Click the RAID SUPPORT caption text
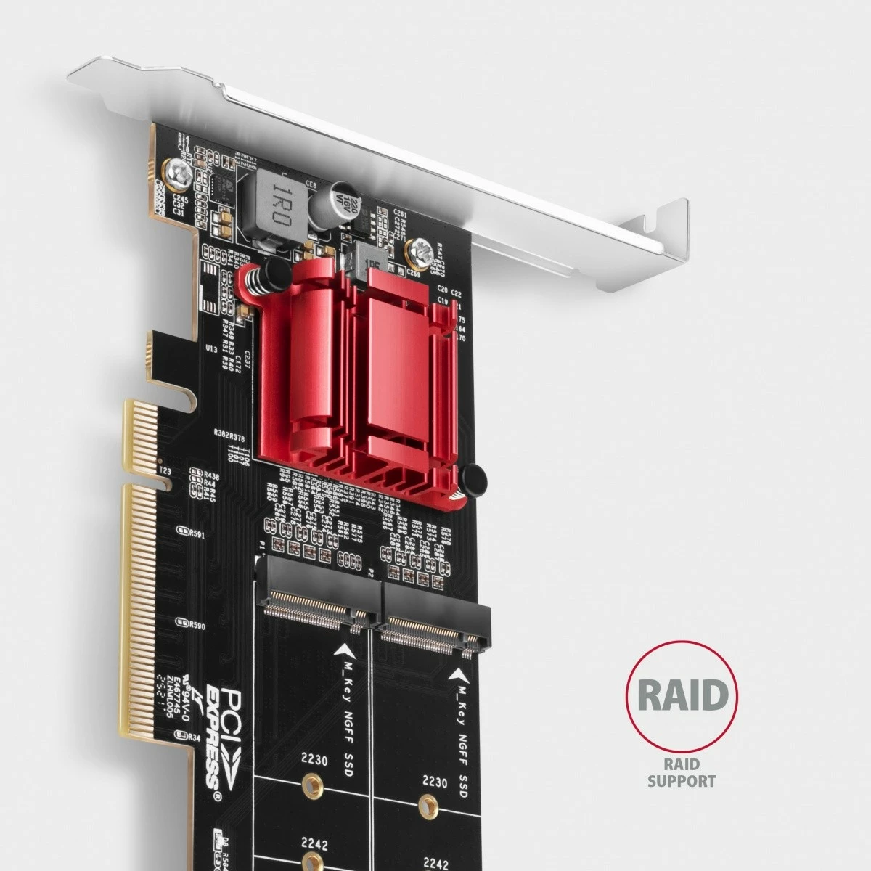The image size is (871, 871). coord(681,772)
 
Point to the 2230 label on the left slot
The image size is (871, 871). coord(314,761)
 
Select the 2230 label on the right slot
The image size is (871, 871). coord(435,782)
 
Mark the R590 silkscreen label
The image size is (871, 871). coord(195,625)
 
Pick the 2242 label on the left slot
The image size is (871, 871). coord(314,846)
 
